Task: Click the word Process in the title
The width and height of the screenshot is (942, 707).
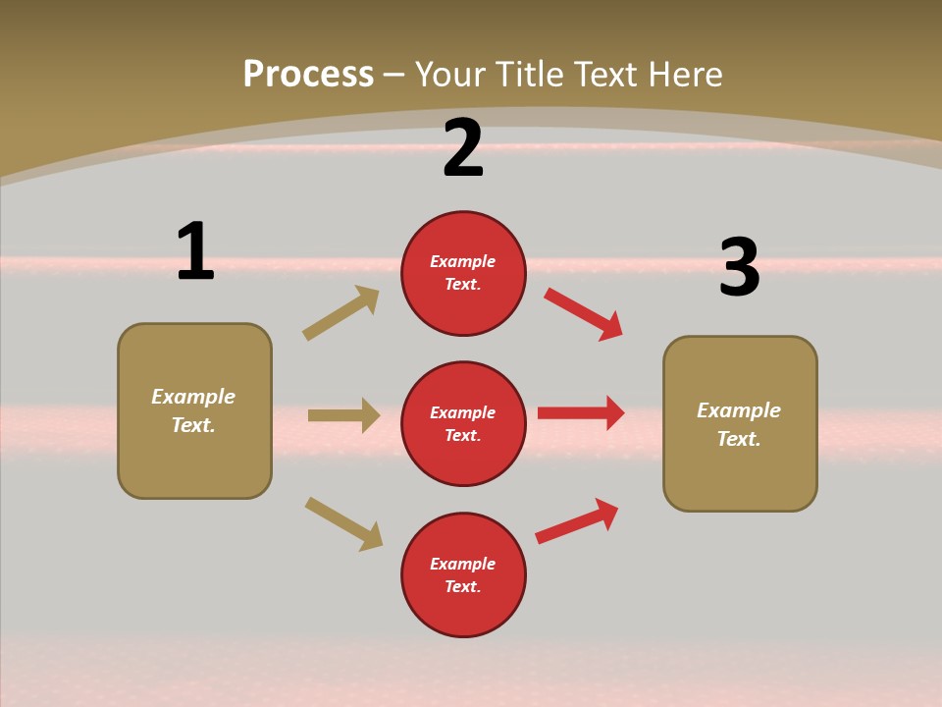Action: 308,75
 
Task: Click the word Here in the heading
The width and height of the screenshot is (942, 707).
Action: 683,75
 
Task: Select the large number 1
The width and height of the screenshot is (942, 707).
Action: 195,251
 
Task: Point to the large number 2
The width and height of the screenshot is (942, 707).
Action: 463,149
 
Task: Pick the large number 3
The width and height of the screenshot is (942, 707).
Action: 739,268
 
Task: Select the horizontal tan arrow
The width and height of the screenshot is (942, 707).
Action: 343,415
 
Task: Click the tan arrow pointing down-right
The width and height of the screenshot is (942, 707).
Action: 343,523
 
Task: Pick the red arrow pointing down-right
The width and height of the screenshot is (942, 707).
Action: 584,314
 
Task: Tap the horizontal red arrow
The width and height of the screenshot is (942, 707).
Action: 581,413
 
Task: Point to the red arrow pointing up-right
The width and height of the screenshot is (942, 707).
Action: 577,520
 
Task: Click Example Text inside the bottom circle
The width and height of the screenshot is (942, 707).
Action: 463,575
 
